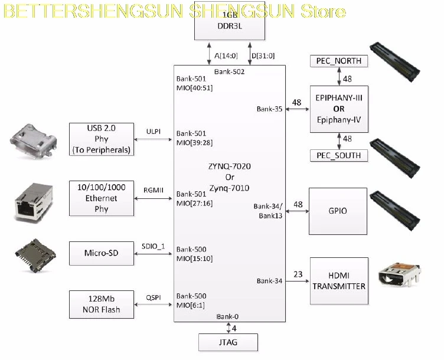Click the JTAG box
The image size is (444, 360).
pos(228,342)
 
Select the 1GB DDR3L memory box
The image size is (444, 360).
pos(230,21)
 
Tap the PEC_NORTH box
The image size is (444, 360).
pos(339,61)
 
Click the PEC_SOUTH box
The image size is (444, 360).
pos(339,155)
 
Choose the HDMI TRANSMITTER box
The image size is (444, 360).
pos(339,281)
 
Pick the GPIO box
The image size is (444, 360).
pos(338,211)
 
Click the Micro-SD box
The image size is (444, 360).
pos(102,253)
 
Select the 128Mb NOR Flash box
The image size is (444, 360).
pos(102,305)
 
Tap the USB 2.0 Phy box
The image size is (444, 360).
pos(102,139)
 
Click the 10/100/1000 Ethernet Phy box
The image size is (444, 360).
pos(102,198)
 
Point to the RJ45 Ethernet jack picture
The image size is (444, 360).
pos(34,201)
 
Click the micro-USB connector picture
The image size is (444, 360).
pos(34,140)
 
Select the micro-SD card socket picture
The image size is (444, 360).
pos(35,256)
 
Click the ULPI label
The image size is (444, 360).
pos(154,132)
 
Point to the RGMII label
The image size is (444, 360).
pos(154,190)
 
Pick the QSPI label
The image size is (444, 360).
pos(154,297)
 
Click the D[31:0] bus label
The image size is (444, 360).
pos(263,55)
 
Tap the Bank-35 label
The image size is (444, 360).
pos(269,109)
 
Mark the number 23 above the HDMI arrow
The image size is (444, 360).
pos(298,274)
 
